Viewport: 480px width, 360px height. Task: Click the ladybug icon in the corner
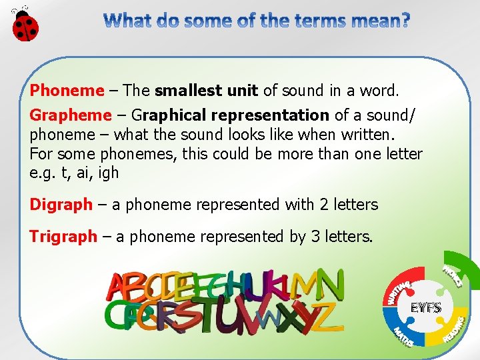(25, 25)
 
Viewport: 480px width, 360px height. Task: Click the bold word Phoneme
(67, 91)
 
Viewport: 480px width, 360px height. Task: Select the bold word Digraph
(61, 205)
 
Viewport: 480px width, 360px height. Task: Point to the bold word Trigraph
(63, 237)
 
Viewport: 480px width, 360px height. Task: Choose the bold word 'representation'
(278, 115)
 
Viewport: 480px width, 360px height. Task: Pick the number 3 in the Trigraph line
(316, 237)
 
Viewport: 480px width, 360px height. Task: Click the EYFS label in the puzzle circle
(425, 309)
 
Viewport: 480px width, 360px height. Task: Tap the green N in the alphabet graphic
(330, 285)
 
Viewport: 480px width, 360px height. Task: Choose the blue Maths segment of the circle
(403, 333)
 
